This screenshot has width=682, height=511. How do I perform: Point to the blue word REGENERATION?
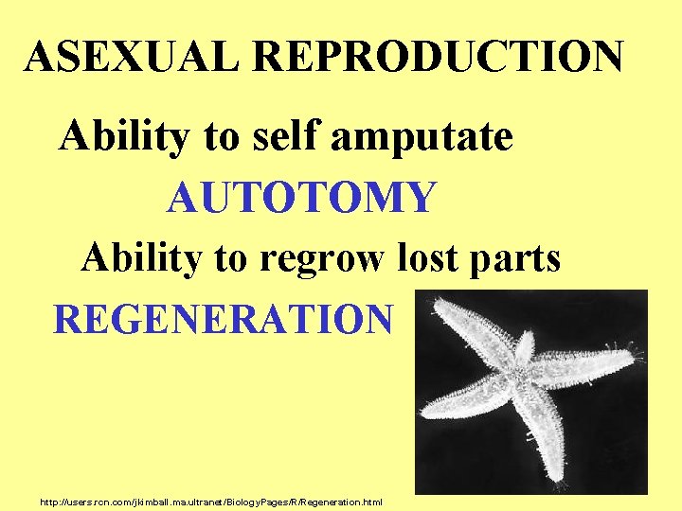[223, 320]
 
